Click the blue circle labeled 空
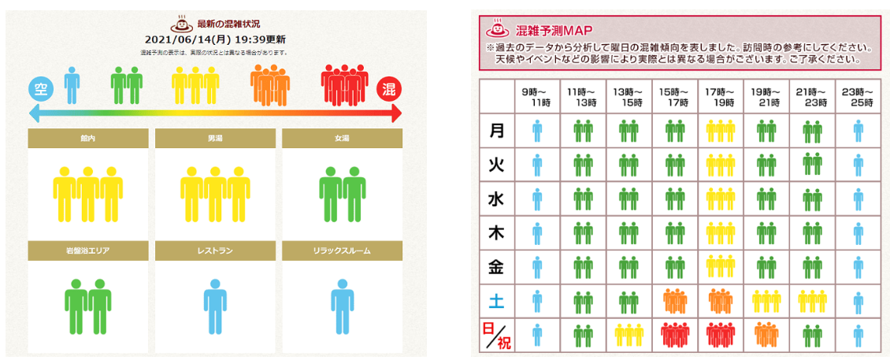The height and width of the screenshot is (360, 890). [x=41, y=89]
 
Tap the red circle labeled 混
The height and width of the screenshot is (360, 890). [x=389, y=89]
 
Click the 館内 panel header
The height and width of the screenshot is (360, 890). [x=87, y=139]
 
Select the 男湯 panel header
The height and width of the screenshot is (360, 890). [x=215, y=139]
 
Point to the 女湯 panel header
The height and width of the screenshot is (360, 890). [x=342, y=139]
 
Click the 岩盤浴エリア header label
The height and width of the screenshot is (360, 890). [x=87, y=251]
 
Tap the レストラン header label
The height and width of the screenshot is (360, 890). [x=215, y=251]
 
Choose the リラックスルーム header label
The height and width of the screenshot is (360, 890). [x=342, y=251]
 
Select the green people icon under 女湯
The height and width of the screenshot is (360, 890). [x=342, y=194]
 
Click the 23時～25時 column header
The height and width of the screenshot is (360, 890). [x=858, y=97]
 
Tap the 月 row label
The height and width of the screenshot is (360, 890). [x=496, y=130]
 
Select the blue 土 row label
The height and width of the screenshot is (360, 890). [x=496, y=301]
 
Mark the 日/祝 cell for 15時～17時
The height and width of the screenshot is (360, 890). [x=675, y=334]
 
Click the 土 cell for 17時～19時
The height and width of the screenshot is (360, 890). [x=721, y=301]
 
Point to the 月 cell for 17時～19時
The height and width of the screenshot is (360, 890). [x=721, y=130]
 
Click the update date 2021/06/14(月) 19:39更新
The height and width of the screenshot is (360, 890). [x=215, y=39]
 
